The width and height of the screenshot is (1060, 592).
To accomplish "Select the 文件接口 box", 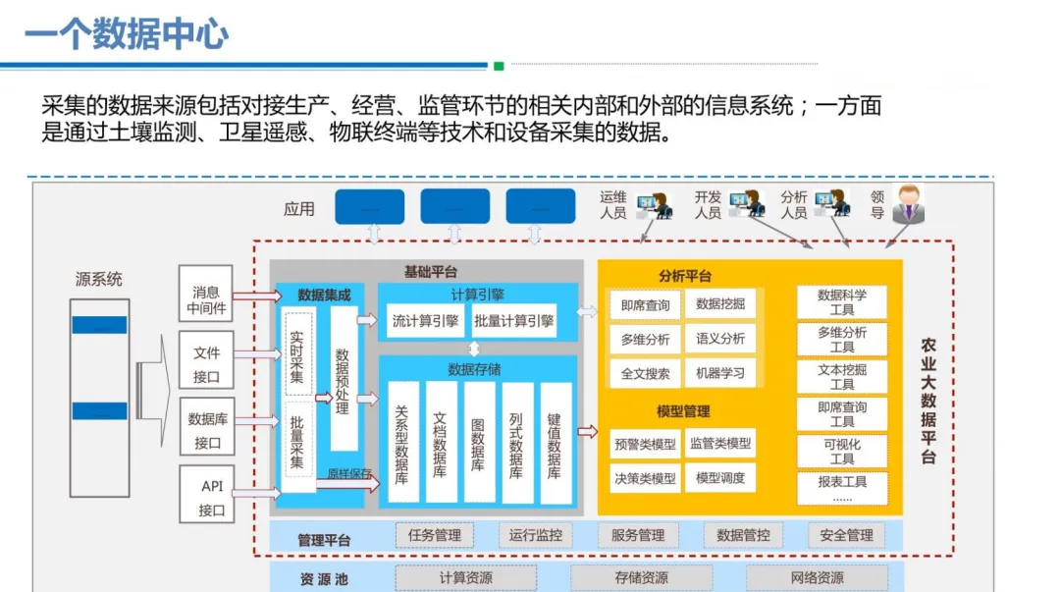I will tap(206, 364).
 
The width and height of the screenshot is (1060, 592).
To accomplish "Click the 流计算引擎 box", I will tap(425, 320).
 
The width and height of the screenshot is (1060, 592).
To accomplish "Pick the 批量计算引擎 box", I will tap(513, 320).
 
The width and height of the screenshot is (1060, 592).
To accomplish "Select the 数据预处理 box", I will tap(343, 378).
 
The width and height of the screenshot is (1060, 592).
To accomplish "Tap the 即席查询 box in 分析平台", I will tap(645, 305).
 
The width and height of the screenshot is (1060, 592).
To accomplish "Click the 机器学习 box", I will tap(720, 373).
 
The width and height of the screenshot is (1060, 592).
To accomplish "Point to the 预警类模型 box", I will tap(645, 444).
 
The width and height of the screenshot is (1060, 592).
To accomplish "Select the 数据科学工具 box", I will tap(841, 302).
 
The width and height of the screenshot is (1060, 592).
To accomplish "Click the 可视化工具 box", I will tap(841, 452).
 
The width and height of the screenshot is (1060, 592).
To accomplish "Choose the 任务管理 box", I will tap(434, 535).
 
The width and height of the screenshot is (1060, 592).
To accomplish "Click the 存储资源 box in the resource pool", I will tap(641, 578).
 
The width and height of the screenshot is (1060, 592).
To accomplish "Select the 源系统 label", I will tap(99, 279).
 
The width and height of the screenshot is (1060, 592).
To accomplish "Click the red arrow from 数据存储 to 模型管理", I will tap(587, 431).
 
